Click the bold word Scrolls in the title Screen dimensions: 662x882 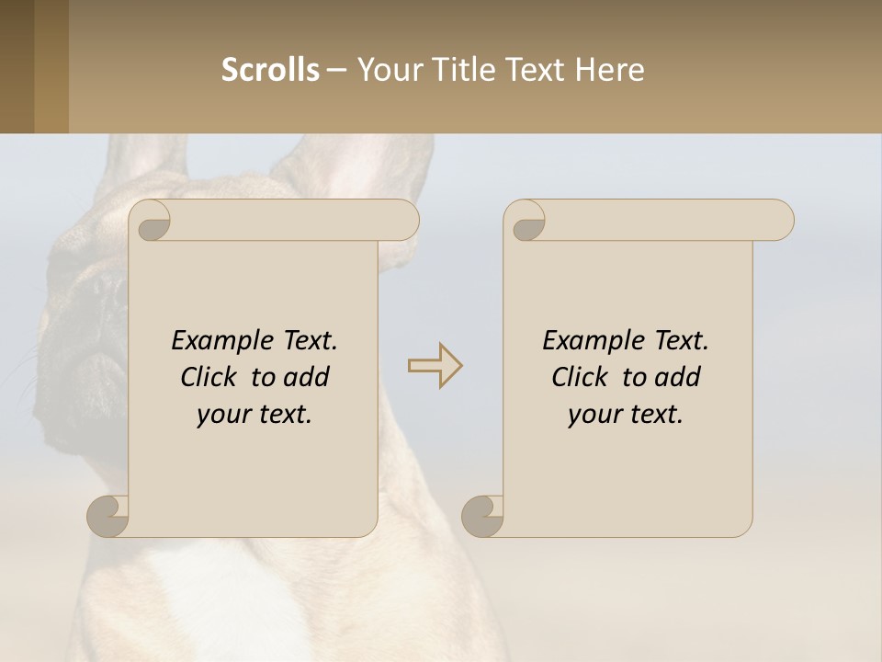click(x=270, y=69)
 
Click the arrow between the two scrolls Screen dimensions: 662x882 click(x=435, y=365)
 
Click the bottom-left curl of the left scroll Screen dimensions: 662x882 click(x=108, y=516)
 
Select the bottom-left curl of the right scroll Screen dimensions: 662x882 click(x=482, y=516)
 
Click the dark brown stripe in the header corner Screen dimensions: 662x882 click(x=17, y=66)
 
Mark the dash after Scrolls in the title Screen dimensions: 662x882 click(x=336, y=71)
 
